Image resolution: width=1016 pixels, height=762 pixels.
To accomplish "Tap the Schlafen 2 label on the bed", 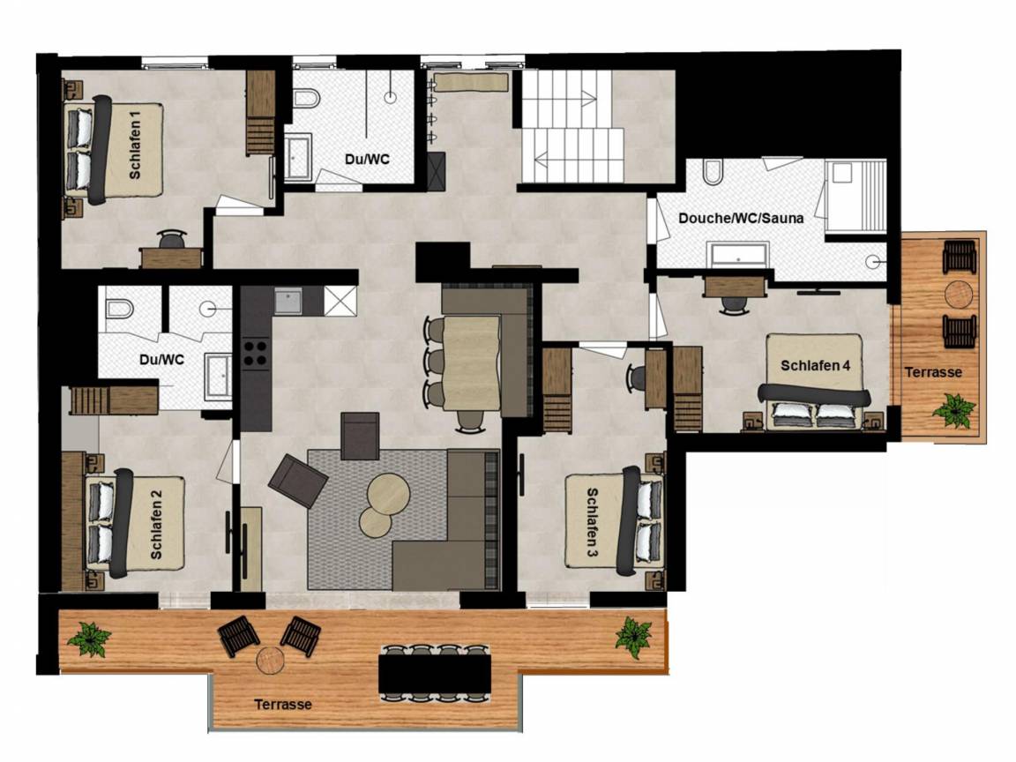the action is click(x=156, y=524).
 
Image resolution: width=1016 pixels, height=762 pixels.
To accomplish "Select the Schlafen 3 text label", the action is click(x=593, y=523).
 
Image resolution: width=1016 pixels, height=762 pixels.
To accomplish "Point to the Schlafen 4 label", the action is click(x=815, y=365).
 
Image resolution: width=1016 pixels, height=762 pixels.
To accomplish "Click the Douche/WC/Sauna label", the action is click(x=741, y=218).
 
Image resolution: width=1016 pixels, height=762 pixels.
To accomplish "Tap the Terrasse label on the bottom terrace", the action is click(x=283, y=704).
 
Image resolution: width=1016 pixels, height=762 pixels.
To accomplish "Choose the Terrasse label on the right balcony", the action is click(x=933, y=372).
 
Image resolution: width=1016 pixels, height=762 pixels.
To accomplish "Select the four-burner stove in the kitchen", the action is click(x=255, y=354).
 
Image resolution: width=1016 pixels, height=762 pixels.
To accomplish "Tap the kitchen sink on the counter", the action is click(x=288, y=301).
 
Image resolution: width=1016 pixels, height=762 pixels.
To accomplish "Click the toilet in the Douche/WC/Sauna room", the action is click(x=712, y=172).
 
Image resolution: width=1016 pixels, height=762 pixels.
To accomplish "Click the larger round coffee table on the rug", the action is click(x=388, y=494).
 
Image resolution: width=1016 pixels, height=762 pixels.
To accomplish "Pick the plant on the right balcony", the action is click(x=953, y=411).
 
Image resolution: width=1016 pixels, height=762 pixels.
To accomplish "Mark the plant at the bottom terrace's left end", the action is click(x=89, y=639).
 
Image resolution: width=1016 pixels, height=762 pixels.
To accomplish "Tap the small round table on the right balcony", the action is click(x=959, y=295).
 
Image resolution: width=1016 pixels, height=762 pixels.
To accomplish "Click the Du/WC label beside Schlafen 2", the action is click(x=161, y=359).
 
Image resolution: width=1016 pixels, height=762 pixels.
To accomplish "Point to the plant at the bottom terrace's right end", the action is click(x=633, y=638).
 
